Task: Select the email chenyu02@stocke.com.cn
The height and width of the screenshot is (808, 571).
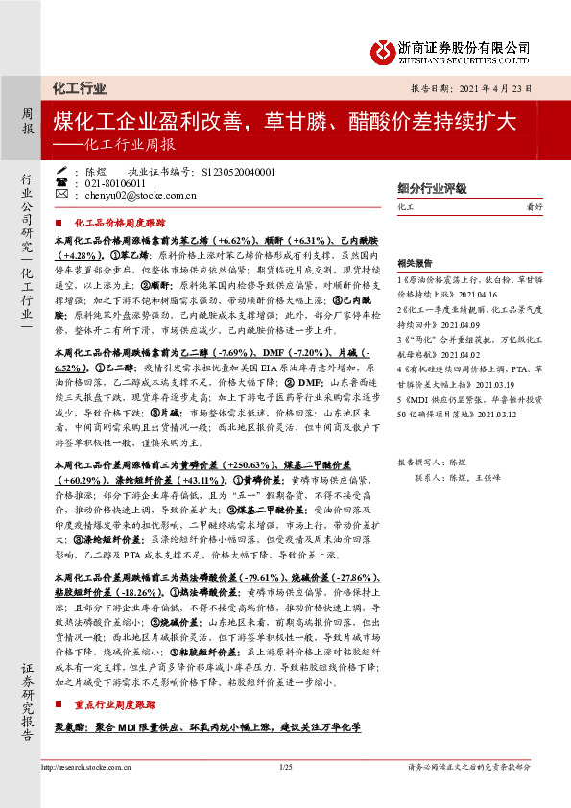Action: point(140,195)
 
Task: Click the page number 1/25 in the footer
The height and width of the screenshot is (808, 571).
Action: point(286,766)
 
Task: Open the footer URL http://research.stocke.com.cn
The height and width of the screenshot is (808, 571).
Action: point(84,766)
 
